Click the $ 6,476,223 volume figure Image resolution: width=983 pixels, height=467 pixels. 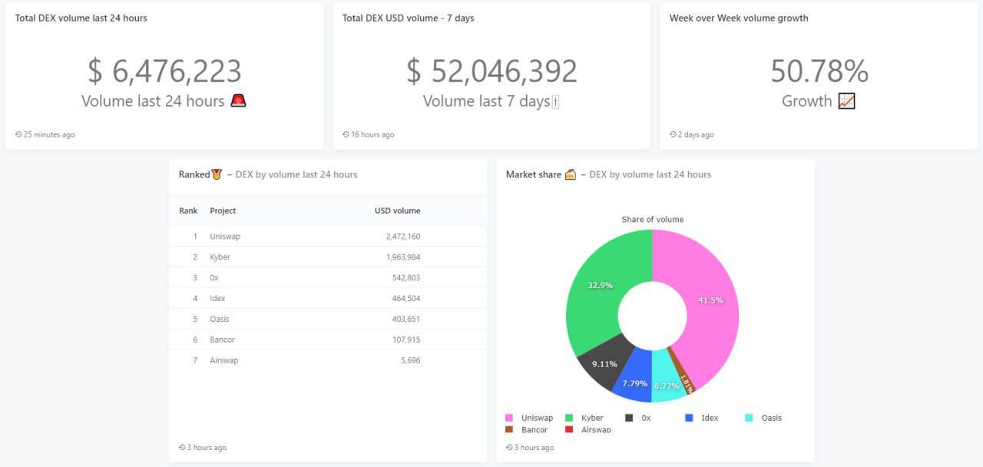coord(164,71)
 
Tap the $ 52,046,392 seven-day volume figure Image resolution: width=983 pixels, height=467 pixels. coord(491,71)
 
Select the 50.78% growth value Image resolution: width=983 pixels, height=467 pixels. coord(819,71)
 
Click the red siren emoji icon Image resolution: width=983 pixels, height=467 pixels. coord(239,101)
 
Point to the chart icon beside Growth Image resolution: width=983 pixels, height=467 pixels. coord(846,101)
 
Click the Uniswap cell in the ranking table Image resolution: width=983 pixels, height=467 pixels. coord(225,237)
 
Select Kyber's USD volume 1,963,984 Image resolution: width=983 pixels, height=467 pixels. coord(403,257)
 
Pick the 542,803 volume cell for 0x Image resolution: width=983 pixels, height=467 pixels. coord(406,278)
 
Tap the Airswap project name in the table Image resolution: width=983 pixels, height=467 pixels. coord(224,361)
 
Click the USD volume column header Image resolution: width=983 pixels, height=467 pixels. coord(397,210)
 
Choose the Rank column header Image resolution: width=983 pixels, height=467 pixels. coord(188,210)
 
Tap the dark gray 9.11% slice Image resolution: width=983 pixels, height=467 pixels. coord(604,364)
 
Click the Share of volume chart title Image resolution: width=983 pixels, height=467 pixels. coord(652,220)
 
